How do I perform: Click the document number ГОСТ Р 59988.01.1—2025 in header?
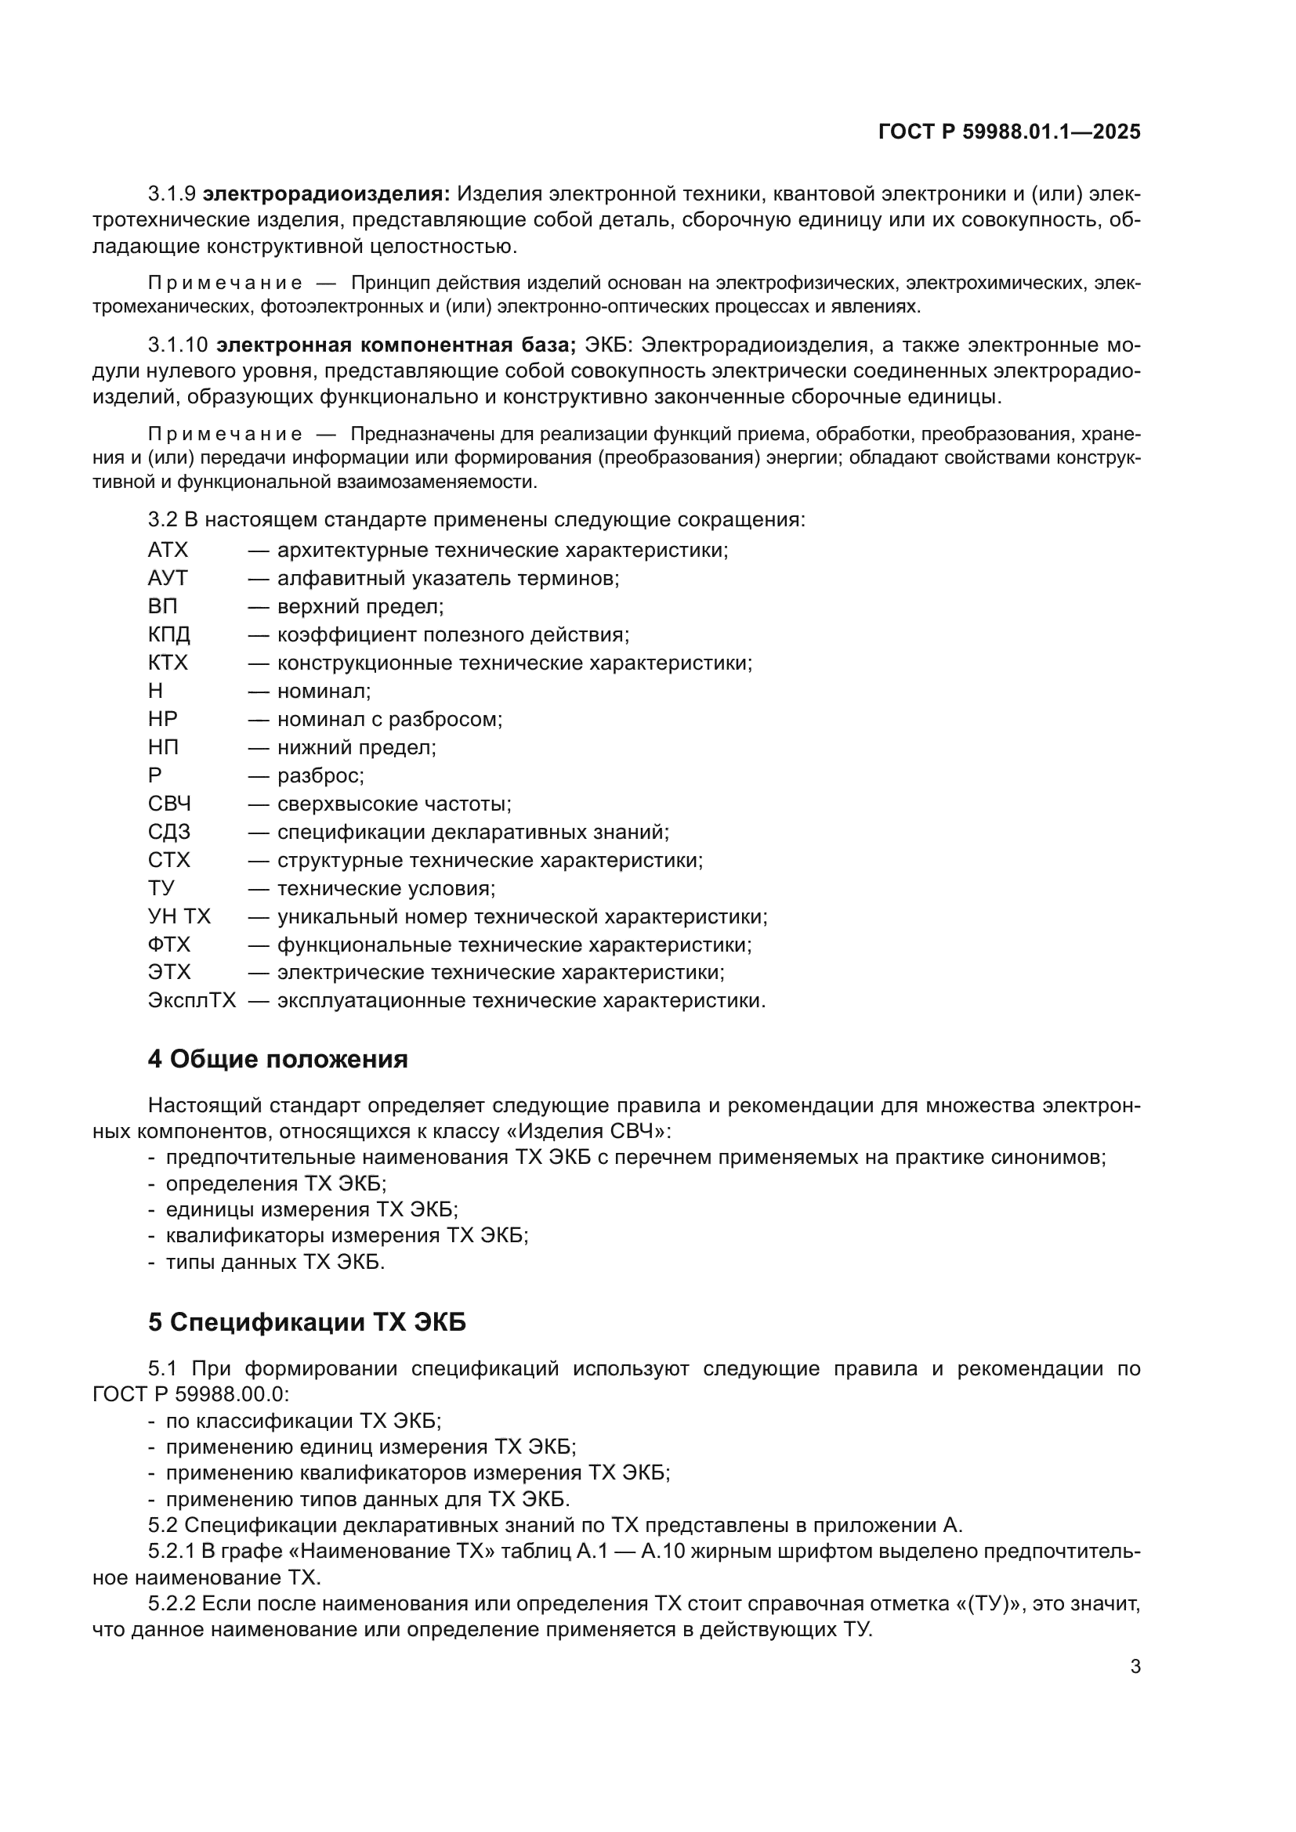pyautogui.click(x=1008, y=132)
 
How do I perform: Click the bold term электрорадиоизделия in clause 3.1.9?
pyautogui.click(x=327, y=194)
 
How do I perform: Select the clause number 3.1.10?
pyautogui.click(x=177, y=345)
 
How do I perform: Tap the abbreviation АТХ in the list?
pyautogui.click(x=168, y=550)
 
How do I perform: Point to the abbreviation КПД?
pyautogui.click(x=169, y=634)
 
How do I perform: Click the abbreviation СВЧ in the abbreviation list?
pyautogui.click(x=169, y=804)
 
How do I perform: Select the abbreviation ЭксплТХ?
pyautogui.click(x=191, y=1000)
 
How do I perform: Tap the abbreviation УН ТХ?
pyautogui.click(x=179, y=917)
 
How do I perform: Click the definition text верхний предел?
pyautogui.click(x=360, y=606)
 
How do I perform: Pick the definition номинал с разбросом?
pyautogui.click(x=389, y=719)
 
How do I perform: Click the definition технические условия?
pyautogui.click(x=386, y=888)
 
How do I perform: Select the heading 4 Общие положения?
pyautogui.click(x=277, y=1060)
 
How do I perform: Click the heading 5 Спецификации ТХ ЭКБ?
pyautogui.click(x=306, y=1323)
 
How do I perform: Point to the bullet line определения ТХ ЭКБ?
pyautogui.click(x=276, y=1183)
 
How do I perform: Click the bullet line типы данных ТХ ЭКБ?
pyautogui.click(x=275, y=1263)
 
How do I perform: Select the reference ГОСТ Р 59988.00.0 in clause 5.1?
pyautogui.click(x=190, y=1394)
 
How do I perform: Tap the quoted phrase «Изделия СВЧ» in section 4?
pyautogui.click(x=591, y=1132)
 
